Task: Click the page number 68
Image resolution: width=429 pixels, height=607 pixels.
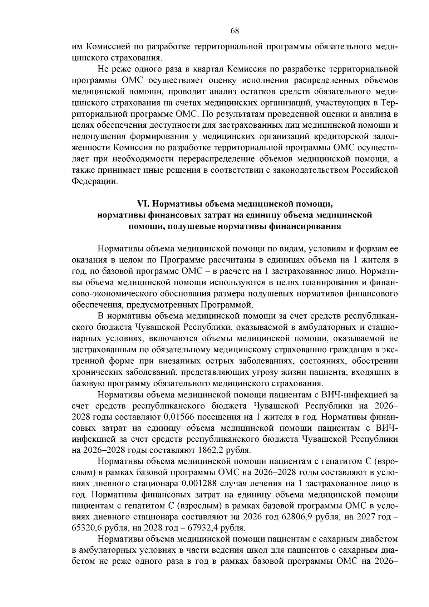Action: coord(235,31)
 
